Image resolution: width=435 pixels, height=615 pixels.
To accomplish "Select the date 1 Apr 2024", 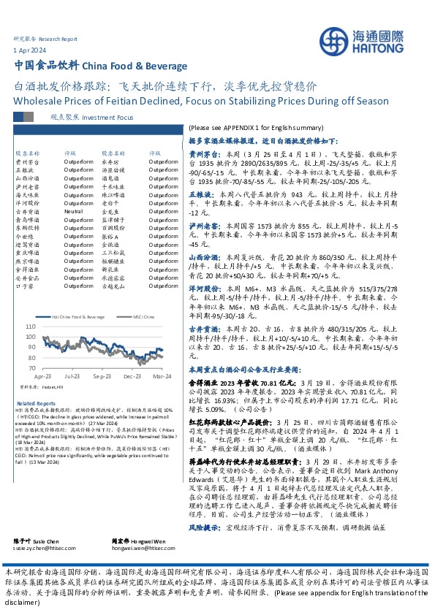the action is click(x=27, y=49).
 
